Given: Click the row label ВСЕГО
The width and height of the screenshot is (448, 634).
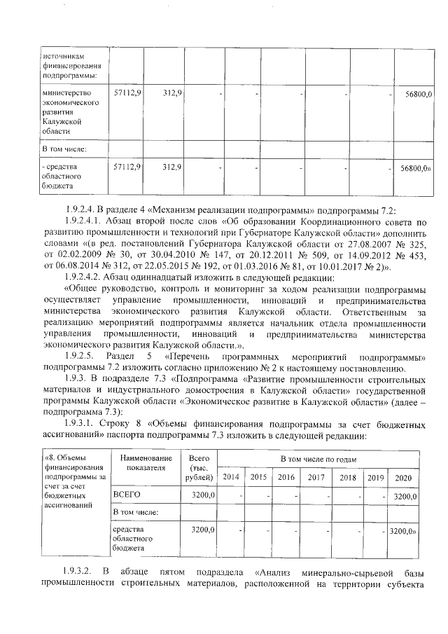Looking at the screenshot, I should (127, 495).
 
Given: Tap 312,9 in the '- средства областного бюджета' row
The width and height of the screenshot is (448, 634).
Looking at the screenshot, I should (172, 167).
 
